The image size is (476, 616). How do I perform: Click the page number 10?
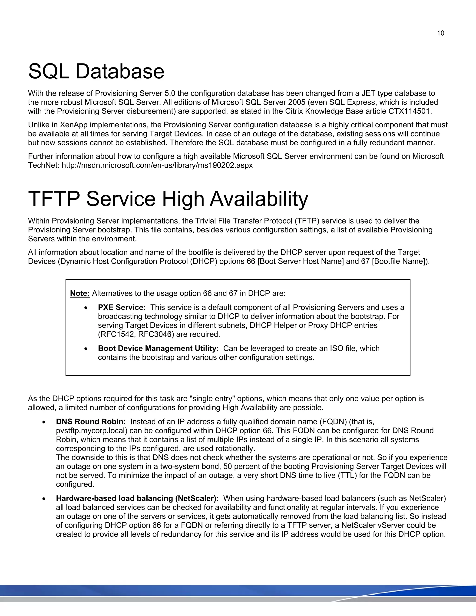pyautogui.click(x=440, y=33)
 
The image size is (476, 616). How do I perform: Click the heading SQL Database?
pyautogui.click(x=96, y=71)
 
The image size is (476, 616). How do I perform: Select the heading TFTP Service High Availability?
pyautogui.click(x=168, y=199)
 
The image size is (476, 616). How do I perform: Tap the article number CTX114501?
pyautogui.click(x=410, y=111)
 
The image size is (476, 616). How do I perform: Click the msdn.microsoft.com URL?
pyautogui.click(x=157, y=165)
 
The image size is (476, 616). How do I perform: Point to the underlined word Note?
pyautogui.click(x=80, y=293)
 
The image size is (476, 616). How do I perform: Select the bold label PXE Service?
pyautogui.click(x=122, y=308)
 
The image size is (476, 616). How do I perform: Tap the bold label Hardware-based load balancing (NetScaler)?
pyautogui.click(x=137, y=498)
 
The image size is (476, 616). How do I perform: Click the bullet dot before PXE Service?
pyautogui.click(x=86, y=308)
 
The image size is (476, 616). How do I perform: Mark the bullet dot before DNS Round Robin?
pyautogui.click(x=44, y=422)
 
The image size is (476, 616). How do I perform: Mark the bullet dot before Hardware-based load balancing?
pyautogui.click(x=44, y=499)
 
